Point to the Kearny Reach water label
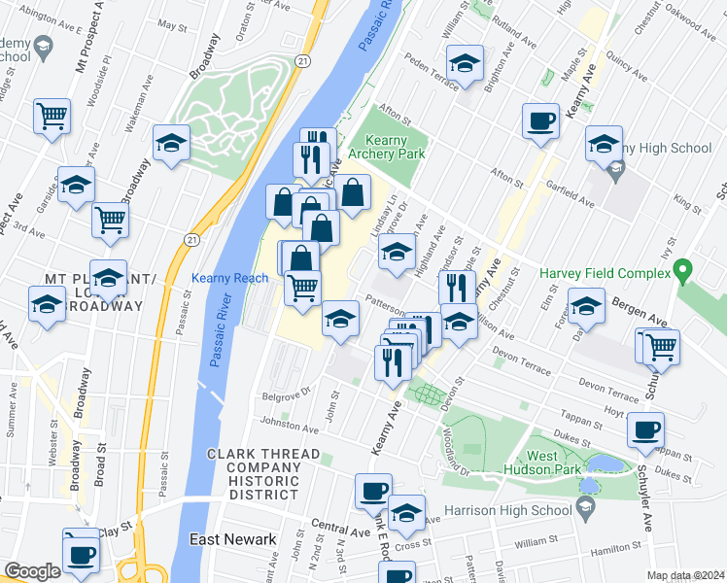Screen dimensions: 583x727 [x=229, y=278]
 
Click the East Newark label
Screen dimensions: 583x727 [x=232, y=539]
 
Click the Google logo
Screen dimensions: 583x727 [x=32, y=571]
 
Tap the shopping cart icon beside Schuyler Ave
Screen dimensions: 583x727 [x=661, y=345]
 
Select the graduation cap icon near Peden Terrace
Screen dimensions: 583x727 [x=466, y=63]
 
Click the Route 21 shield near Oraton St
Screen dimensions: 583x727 [x=304, y=60]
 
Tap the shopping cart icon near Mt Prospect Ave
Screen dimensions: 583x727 [x=52, y=116]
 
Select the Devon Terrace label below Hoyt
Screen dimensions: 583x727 [x=609, y=391]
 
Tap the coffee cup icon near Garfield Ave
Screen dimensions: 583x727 [x=540, y=121]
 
